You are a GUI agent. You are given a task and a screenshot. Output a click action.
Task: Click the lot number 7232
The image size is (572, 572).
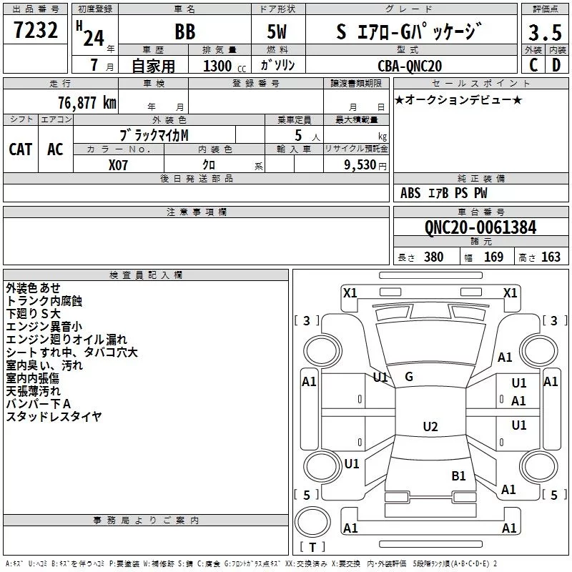pos(36,30)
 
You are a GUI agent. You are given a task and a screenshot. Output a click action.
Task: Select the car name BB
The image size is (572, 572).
pos(185,31)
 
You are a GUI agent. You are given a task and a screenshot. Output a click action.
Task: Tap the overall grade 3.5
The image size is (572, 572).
pos(545,32)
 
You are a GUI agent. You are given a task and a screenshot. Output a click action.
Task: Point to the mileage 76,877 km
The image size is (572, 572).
pos(87,103)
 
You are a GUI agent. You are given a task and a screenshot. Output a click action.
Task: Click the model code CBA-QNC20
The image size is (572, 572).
pos(410,66)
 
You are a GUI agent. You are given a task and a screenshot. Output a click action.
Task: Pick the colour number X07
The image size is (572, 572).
pos(118,165)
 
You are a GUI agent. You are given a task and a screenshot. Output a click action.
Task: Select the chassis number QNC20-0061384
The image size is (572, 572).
pos(480,227)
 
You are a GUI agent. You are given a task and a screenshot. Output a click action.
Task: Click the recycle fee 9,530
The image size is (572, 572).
pos(360,165)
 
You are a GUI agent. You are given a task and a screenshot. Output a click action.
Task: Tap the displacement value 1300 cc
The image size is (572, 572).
pos(225,66)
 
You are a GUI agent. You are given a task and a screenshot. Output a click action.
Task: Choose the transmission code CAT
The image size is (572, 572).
pos(21,149)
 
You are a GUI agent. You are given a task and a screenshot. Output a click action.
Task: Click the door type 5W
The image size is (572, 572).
pos(277,31)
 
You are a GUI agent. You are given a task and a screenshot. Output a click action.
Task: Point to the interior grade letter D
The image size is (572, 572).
pos(556,65)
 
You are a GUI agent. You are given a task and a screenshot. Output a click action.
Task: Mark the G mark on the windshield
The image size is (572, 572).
pos(409,377)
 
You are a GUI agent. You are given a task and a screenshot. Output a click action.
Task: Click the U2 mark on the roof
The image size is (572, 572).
pos(430,426)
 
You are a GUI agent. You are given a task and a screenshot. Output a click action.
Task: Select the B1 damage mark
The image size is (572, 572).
pos(458,475)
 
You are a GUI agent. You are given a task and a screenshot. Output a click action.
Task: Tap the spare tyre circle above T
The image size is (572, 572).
pos(312,522)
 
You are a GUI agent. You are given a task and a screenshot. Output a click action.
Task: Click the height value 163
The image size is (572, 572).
pos(551,257)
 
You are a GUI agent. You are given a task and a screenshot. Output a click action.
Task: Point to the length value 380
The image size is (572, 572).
pos(434,257)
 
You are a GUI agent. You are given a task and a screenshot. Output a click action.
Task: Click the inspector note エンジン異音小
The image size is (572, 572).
pos(44,327)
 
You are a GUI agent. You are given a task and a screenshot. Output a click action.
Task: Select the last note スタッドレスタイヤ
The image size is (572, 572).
pos(54,416)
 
